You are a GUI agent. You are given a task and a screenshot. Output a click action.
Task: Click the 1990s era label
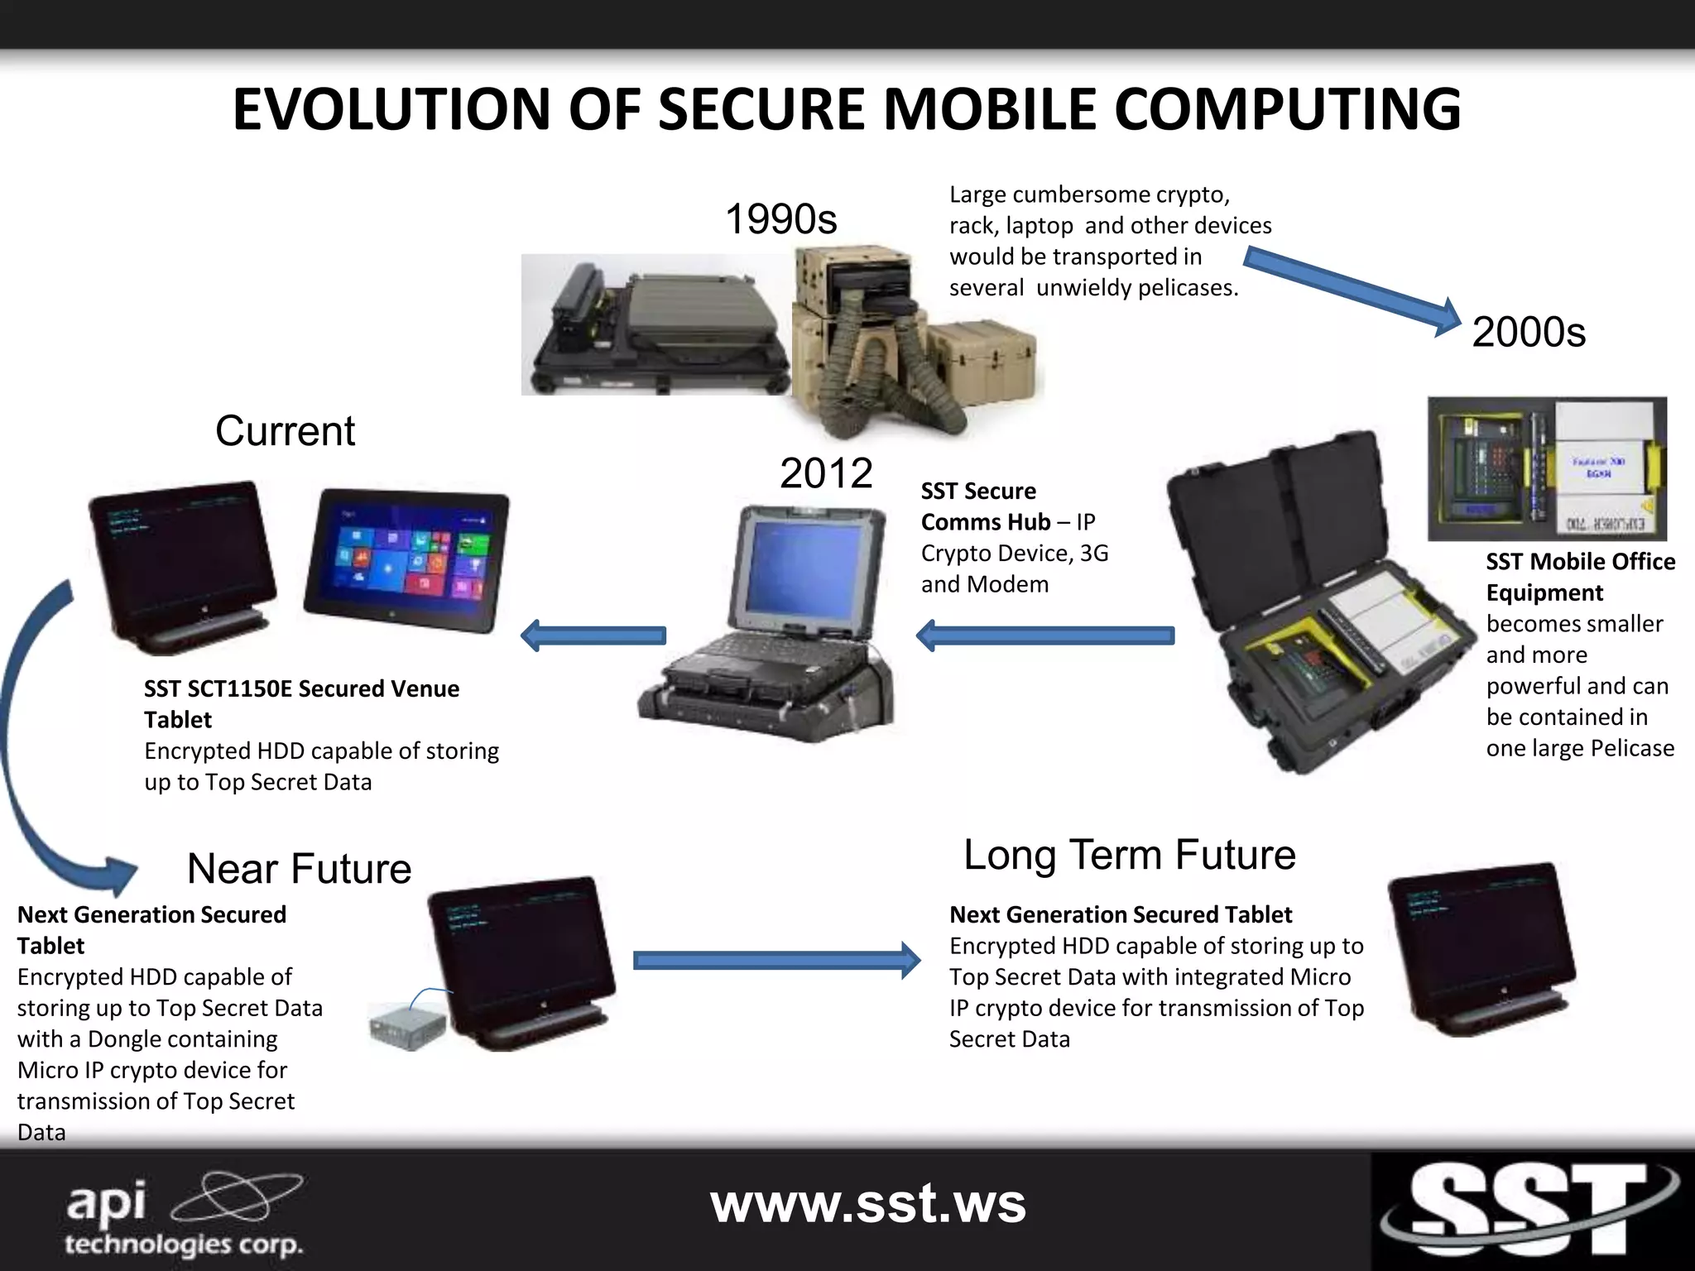point(780,219)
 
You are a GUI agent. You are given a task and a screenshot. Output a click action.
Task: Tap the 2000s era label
point(1528,332)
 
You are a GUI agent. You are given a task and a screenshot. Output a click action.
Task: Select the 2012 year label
point(825,473)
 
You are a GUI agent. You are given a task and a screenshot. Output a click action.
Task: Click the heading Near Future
point(299,869)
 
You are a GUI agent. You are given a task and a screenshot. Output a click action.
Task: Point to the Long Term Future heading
point(1129,855)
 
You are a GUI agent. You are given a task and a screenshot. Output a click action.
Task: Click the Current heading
point(285,431)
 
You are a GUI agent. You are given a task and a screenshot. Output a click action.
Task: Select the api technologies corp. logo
point(184,1213)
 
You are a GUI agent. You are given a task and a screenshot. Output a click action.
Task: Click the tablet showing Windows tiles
point(406,560)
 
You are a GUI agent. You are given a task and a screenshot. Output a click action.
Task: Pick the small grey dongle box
point(406,1026)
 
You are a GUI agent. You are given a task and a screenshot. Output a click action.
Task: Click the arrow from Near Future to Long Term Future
point(775,960)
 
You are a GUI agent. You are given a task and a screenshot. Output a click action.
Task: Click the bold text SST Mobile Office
point(1579,562)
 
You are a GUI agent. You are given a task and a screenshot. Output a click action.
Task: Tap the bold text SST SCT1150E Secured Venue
point(301,688)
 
